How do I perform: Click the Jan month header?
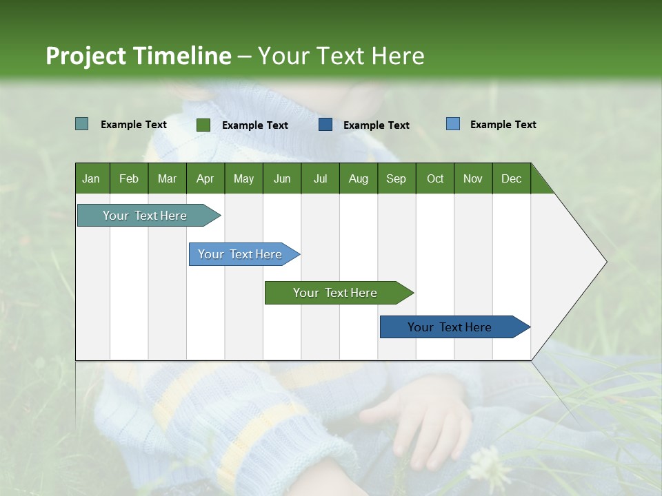click(91, 178)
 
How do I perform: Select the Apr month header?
click(205, 178)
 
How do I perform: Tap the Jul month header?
click(320, 178)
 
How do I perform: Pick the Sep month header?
click(396, 178)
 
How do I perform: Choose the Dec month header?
click(511, 178)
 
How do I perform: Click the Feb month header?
click(129, 178)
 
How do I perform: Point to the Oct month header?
click(435, 178)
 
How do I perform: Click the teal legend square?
click(81, 124)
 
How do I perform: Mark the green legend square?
click(203, 125)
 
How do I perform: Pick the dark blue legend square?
click(325, 125)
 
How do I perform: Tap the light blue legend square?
click(452, 124)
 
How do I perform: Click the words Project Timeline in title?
click(138, 56)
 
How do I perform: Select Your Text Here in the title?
click(341, 56)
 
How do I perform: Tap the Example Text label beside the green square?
click(254, 125)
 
